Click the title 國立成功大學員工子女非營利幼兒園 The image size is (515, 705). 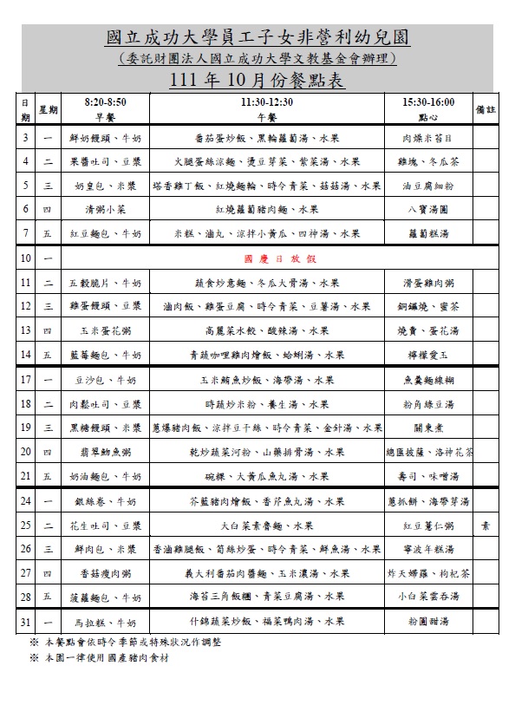257,38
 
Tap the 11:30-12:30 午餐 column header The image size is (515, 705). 266,109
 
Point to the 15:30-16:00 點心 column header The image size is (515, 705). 427,109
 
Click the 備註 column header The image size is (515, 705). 486,110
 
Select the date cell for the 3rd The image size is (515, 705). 25,138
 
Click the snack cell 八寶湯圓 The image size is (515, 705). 427,209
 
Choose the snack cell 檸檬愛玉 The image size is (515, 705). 427,354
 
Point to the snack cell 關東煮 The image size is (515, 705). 427,428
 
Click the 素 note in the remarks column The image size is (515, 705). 486,525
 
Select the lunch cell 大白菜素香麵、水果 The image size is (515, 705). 266,525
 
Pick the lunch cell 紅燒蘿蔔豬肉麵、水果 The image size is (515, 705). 266,209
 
